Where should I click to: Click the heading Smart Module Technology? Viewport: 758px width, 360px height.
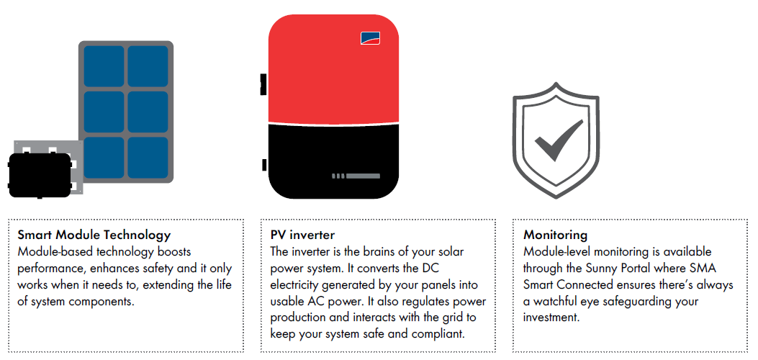pyautogui.click(x=94, y=235)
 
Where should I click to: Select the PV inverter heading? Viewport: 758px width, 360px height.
pyautogui.click(x=302, y=235)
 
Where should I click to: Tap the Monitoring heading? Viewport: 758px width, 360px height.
pyautogui.click(x=556, y=235)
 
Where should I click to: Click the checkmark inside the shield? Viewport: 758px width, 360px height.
pyautogui.click(x=559, y=140)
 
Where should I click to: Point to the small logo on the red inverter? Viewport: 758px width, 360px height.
pyautogui.click(x=370, y=38)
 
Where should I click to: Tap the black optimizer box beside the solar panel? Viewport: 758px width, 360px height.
pyautogui.click(x=40, y=176)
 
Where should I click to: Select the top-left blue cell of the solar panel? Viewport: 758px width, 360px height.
pyautogui.click(x=104, y=66)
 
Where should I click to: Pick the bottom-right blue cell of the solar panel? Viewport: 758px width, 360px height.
pyautogui.click(x=148, y=158)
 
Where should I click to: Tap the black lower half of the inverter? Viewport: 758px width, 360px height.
pyautogui.click(x=333, y=161)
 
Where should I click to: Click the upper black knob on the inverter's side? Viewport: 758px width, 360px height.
pyautogui.click(x=264, y=84)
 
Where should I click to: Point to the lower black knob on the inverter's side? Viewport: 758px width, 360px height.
pyautogui.click(x=265, y=165)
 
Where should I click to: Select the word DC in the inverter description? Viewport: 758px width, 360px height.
pyautogui.click(x=430, y=268)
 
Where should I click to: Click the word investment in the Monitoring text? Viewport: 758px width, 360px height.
pyautogui.click(x=551, y=318)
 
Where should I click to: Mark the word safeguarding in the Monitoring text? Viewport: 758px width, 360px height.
pyautogui.click(x=633, y=302)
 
